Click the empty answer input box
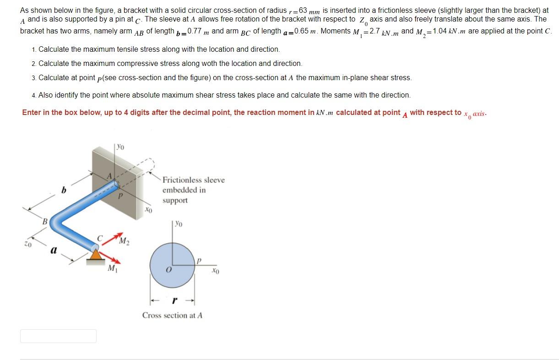click(x=58, y=336)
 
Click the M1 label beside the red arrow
click(x=111, y=268)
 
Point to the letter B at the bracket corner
click(x=45, y=222)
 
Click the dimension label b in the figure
click(x=64, y=189)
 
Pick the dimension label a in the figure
click(x=54, y=250)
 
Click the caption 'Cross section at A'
click(x=172, y=315)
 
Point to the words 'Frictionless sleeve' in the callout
click(x=193, y=180)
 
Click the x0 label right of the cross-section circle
click(x=215, y=272)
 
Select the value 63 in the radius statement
click(x=302, y=10)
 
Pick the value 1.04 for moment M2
click(x=440, y=31)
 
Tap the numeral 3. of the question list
click(x=34, y=78)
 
